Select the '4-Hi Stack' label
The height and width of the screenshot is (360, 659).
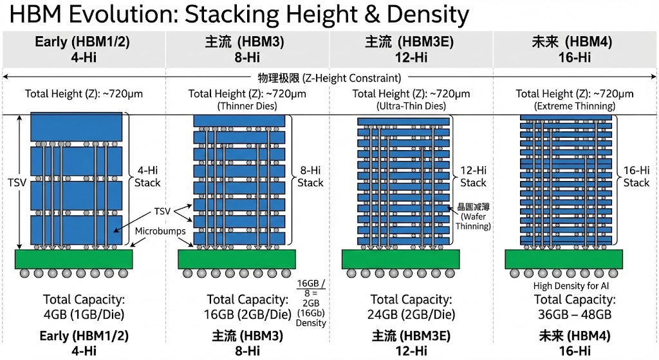[x=147, y=176]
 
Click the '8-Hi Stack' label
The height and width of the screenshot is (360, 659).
[x=310, y=176]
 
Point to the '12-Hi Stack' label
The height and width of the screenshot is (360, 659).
[x=473, y=176]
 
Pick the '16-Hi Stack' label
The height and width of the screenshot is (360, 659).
[x=636, y=176]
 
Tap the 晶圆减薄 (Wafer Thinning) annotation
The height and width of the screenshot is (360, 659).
[x=474, y=217]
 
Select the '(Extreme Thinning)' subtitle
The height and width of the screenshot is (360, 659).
[x=575, y=106]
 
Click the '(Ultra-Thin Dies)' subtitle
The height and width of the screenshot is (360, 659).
[x=411, y=106]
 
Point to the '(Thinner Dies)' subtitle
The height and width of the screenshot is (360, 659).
[x=247, y=106]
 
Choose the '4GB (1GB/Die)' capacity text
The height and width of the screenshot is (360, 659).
[x=84, y=315]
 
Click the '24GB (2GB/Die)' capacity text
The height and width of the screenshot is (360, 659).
[x=411, y=315]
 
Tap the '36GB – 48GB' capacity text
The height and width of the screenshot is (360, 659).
[x=575, y=315]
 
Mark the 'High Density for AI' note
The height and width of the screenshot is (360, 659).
[x=571, y=286]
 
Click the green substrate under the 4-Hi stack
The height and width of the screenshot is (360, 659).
[x=74, y=259]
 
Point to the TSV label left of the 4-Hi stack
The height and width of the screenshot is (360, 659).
[x=17, y=182]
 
